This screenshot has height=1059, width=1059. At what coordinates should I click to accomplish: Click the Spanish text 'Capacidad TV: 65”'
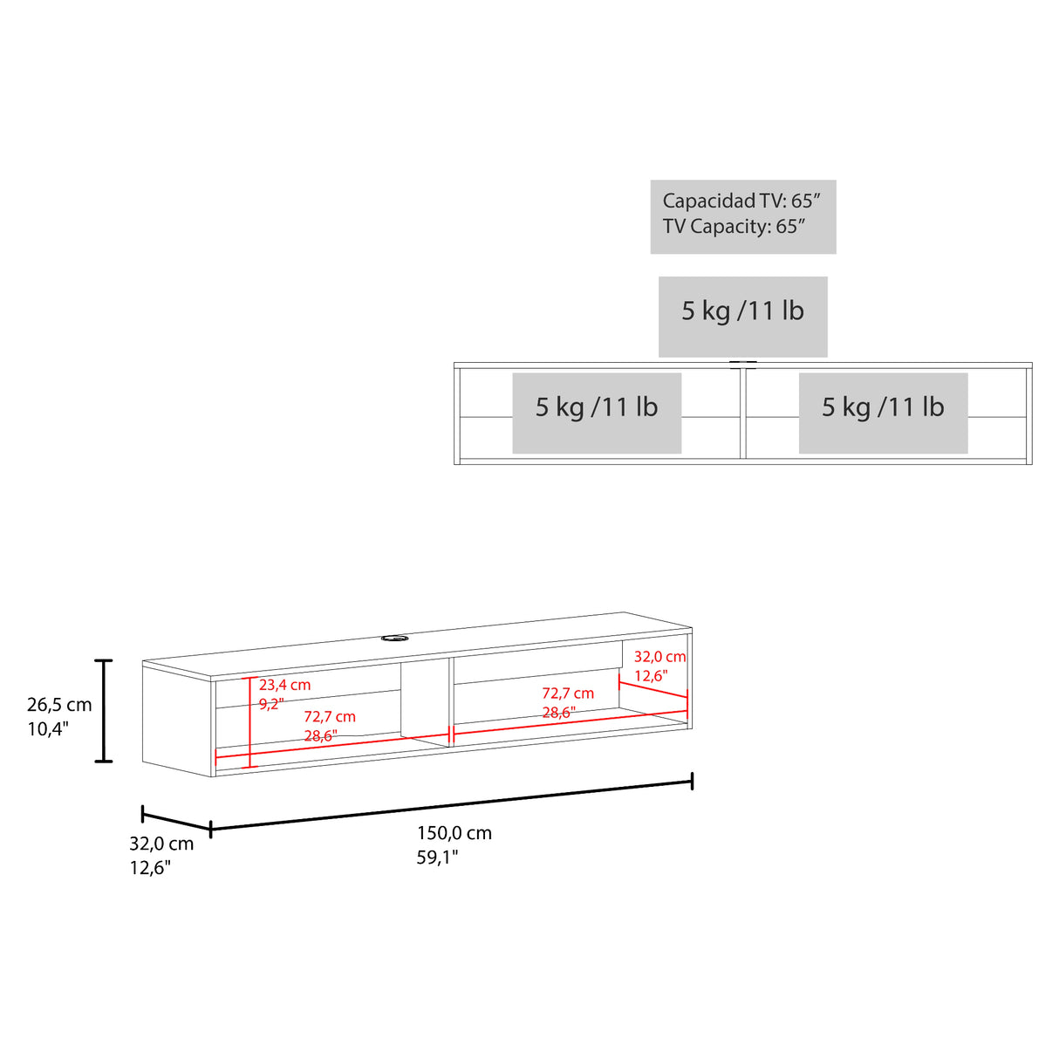741,202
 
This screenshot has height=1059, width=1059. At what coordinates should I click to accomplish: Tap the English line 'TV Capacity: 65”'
734,226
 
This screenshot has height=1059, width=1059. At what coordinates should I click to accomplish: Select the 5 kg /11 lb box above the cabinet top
743,317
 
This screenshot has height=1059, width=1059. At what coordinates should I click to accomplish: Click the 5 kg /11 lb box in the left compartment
597,413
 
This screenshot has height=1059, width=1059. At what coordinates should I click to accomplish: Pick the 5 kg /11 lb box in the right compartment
883,413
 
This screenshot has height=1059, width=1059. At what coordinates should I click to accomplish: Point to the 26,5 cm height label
59,705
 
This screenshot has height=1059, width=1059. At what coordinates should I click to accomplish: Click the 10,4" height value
48,729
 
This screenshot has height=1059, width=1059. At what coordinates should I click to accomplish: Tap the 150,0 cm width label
454,833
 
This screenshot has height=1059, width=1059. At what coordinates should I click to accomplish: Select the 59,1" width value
437,857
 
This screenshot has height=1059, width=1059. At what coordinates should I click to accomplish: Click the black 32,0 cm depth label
161,844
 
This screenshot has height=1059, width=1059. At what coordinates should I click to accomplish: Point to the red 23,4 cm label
284,685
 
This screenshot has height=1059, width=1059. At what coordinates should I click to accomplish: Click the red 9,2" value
271,704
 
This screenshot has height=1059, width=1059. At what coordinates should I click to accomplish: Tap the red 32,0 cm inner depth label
660,656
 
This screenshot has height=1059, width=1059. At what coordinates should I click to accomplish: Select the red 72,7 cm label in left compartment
330,717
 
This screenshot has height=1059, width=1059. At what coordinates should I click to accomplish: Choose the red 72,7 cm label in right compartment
568,693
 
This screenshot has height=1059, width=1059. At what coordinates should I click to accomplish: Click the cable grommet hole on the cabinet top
391,638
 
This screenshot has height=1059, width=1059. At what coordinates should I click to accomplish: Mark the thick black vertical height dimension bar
103,711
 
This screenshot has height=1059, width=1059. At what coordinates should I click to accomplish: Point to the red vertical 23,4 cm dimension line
250,721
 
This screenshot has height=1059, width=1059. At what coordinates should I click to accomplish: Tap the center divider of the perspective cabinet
451,702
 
